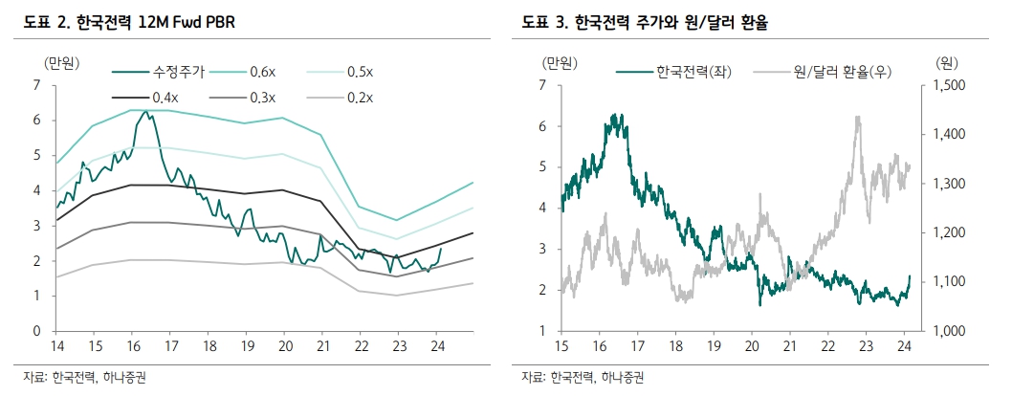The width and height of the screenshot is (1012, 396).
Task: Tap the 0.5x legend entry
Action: click(x=359, y=72)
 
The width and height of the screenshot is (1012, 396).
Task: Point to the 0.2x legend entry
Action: click(x=359, y=97)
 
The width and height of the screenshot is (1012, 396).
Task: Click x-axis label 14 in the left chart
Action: click(x=56, y=345)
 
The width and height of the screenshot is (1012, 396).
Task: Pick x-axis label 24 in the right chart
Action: click(x=905, y=345)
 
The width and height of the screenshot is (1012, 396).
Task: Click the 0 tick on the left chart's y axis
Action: click(x=35, y=331)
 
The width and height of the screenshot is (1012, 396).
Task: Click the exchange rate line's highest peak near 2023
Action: click(x=856, y=117)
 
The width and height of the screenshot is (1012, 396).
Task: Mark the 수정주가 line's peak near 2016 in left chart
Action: click(x=144, y=112)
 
